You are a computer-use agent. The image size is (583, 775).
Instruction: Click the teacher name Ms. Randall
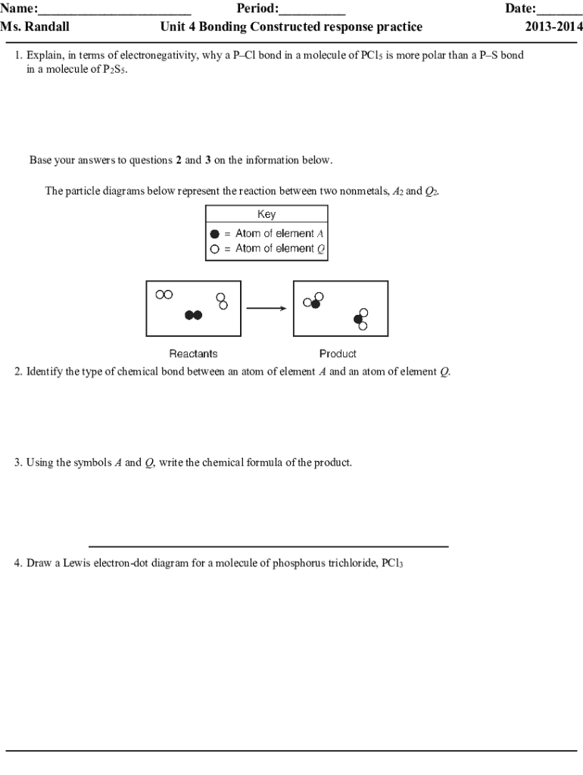tap(35, 27)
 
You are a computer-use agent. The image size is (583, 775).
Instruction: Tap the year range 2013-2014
tap(550, 27)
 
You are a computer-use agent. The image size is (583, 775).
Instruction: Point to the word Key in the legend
tap(267, 214)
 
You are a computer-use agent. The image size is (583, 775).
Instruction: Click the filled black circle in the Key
tap(215, 234)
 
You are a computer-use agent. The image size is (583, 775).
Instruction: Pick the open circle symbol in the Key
tap(215, 248)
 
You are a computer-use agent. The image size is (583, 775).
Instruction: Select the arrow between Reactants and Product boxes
tap(266, 308)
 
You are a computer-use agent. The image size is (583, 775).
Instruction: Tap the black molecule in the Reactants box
tap(194, 315)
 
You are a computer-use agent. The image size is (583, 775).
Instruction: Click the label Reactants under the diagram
tap(193, 353)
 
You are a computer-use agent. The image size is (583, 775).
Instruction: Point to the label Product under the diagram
tap(338, 353)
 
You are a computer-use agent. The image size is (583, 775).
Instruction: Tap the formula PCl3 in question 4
tap(392, 564)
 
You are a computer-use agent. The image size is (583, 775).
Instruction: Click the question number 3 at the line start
tap(17, 462)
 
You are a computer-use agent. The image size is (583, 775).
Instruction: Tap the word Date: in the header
tap(520, 10)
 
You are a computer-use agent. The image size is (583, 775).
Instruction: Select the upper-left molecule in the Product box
tap(313, 301)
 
